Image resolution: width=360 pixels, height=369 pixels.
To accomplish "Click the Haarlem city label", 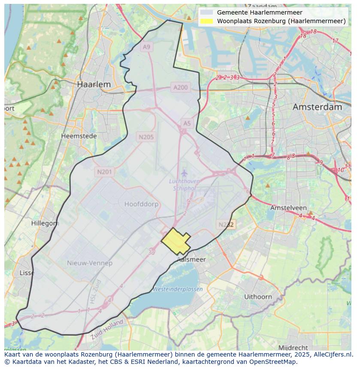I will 94,84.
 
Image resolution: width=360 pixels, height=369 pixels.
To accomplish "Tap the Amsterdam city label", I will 317,107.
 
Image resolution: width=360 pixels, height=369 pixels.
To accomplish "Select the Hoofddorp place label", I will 141,204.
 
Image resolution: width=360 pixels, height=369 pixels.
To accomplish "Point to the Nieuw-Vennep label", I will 90,263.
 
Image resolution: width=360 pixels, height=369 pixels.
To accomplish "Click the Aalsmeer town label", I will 191,259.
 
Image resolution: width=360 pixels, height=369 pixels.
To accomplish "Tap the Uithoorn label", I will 258,297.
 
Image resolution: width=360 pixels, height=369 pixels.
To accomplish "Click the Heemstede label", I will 79,136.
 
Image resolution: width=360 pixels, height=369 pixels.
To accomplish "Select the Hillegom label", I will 45,223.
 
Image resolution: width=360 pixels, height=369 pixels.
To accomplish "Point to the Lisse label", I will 27,273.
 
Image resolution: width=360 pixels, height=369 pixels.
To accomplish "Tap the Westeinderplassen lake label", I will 178,289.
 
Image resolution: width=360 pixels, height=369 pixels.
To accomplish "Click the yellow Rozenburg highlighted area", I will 175,241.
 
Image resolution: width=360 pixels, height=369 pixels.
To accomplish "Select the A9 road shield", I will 147,47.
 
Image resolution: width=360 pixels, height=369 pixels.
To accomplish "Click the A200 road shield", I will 180,87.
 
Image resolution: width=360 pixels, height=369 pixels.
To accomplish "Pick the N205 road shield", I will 146,137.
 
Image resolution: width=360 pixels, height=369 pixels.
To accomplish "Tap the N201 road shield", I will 104,172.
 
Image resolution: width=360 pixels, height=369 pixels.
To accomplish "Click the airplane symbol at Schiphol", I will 184,173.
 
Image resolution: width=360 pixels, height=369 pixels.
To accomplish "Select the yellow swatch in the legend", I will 206,21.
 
